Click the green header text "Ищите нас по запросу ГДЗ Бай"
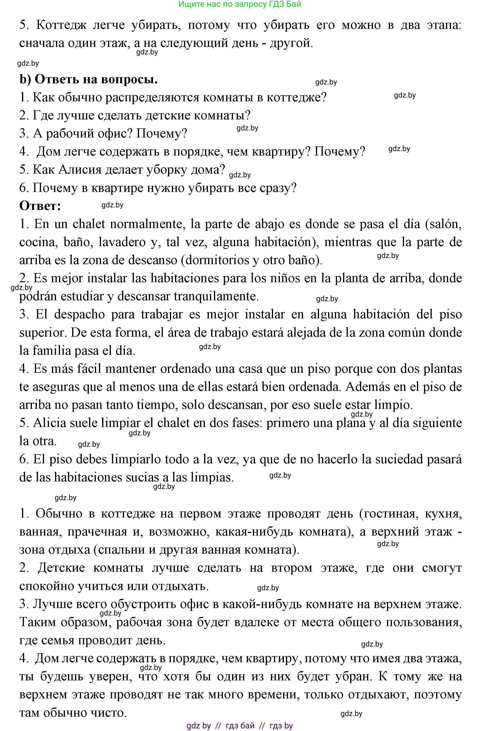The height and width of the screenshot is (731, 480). pos(240,4)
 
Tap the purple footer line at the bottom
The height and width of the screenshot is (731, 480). pos(240,725)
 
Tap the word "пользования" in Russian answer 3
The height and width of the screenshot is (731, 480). pos(424,623)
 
